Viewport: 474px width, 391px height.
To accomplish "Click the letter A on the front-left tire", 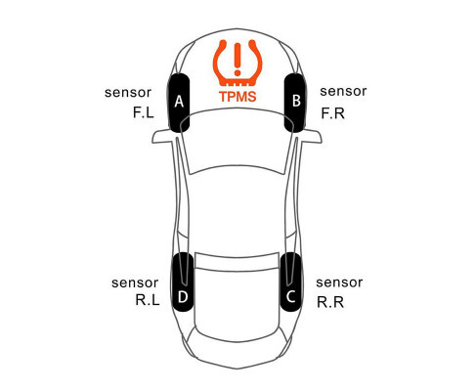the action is (x=179, y=102).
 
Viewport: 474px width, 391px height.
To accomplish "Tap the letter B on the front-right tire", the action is (x=296, y=101).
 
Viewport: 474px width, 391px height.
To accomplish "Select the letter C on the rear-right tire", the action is (x=290, y=297).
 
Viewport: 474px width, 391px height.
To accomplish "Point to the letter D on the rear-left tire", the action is (x=183, y=297).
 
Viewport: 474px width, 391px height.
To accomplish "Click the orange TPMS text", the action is (x=237, y=97).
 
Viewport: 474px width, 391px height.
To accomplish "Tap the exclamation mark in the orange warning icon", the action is (x=237, y=59).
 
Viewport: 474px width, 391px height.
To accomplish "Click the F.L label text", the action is (x=144, y=112).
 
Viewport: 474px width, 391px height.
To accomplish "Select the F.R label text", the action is (x=332, y=113).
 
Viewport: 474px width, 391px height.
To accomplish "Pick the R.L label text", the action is (x=148, y=300).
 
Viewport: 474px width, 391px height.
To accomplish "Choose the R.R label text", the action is (x=330, y=302).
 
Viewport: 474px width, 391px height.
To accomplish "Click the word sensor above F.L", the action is (x=128, y=93).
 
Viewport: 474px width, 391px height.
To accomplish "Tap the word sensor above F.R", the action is (x=343, y=91).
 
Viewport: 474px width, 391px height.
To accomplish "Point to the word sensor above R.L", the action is (x=135, y=282).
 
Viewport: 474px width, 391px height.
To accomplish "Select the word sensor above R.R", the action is (x=339, y=282).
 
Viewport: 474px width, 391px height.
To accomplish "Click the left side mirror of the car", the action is (x=162, y=136).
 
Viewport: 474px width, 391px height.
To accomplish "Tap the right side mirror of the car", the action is (x=312, y=136).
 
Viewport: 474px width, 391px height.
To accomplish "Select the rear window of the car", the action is (x=237, y=261).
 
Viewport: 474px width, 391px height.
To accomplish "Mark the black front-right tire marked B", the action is (x=295, y=103).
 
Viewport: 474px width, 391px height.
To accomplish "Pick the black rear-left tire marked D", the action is (x=183, y=282).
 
